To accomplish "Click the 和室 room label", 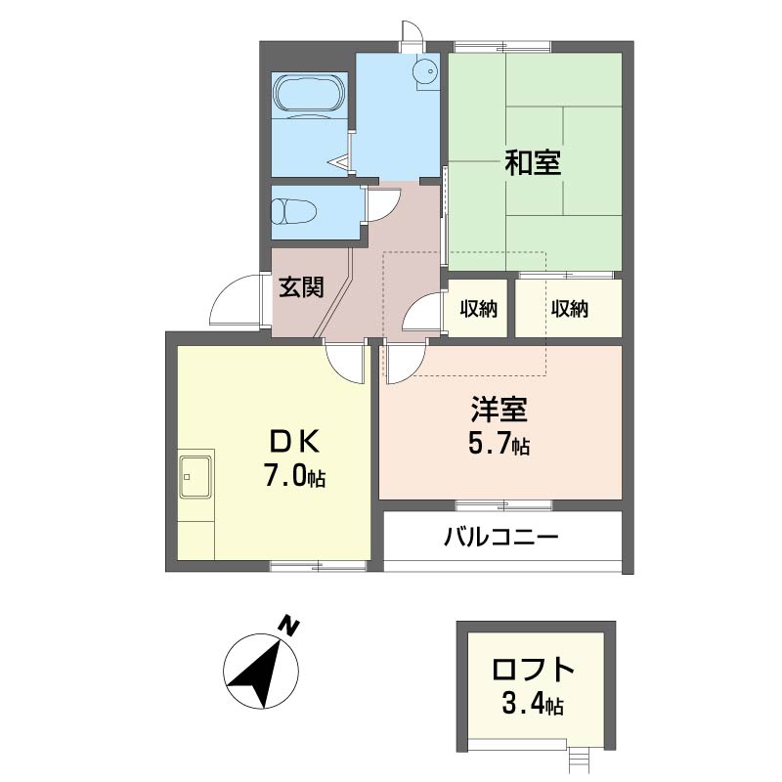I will tap(533, 162).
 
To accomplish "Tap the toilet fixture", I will tap(293, 212).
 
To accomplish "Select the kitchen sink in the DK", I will tap(196, 476).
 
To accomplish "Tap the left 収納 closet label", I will tap(478, 310).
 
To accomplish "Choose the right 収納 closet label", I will tap(568, 310).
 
